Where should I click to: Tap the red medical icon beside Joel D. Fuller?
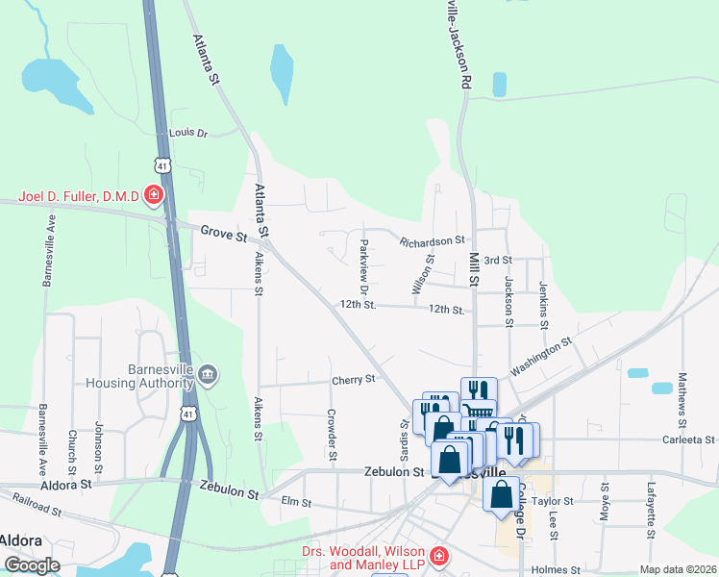click(x=153, y=197)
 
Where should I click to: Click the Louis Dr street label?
click(x=188, y=133)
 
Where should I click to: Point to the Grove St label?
click(x=224, y=233)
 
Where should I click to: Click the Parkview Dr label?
click(x=363, y=266)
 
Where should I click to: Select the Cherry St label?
click(x=353, y=380)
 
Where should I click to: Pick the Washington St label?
click(x=541, y=354)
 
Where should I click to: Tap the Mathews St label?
click(x=682, y=400)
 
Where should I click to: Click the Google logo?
click(x=32, y=564)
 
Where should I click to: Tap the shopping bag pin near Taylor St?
click(x=501, y=494)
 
